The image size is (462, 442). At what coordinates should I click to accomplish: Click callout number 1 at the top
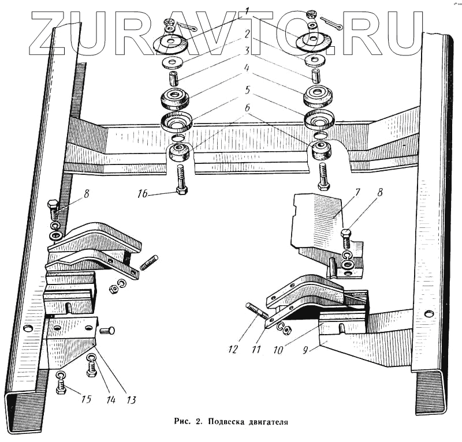click(246, 11)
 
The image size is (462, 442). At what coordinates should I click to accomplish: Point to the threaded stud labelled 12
click(257, 314)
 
